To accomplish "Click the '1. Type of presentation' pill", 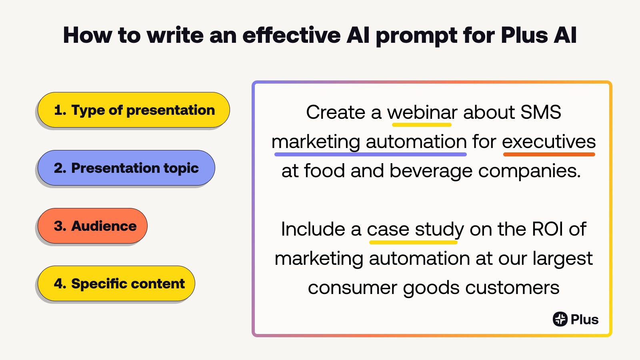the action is click(134, 110).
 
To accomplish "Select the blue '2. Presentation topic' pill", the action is click(126, 168).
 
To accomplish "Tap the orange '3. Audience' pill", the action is click(92, 226).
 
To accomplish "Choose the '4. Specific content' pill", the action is click(116, 284).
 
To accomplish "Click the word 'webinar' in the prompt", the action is click(422, 112).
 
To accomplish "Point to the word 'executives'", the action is click(549, 142).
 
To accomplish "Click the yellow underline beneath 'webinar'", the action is click(422, 125).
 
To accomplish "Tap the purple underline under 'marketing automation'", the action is click(370, 154).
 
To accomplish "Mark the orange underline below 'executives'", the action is click(549, 154).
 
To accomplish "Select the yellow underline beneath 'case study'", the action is click(414, 242).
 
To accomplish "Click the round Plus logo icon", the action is click(560, 319).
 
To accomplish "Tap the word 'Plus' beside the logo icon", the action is click(584, 320).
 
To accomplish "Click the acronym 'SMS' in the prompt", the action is click(540, 112).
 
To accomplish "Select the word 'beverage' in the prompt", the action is click(431, 171).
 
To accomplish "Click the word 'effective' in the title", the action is click(292, 36).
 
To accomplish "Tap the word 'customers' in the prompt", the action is click(512, 288).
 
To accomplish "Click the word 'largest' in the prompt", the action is click(562, 259).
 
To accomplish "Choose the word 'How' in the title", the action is click(88, 36).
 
